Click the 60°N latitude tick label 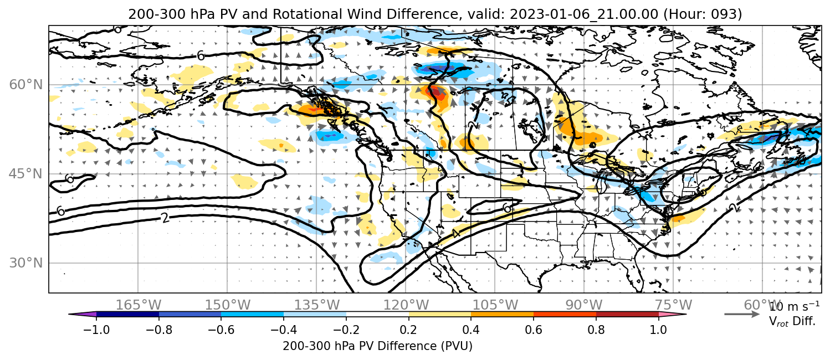click(x=26, y=85)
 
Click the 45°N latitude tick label click(x=26, y=174)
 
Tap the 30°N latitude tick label click(x=26, y=263)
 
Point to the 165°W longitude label click(x=138, y=305)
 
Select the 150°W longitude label click(x=228, y=305)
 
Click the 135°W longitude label click(x=317, y=305)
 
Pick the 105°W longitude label click(x=495, y=305)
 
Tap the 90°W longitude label click(x=584, y=305)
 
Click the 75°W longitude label click(x=673, y=305)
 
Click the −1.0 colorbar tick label click(x=96, y=330)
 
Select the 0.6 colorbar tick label click(x=534, y=330)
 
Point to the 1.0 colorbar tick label click(x=658, y=330)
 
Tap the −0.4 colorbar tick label click(x=284, y=330)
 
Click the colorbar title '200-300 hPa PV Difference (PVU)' click(x=377, y=346)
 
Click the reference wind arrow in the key click(x=742, y=315)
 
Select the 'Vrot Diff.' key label click(x=792, y=321)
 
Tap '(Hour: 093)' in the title click(x=702, y=14)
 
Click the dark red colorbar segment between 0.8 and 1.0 click(x=627, y=315)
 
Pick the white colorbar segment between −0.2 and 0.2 click(x=377, y=315)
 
